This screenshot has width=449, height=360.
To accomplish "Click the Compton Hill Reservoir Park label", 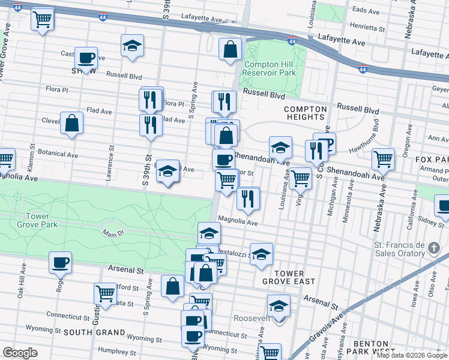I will (x=270, y=68).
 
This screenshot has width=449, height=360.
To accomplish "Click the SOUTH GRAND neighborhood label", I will (x=94, y=332).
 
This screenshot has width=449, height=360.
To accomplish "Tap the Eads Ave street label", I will (x=366, y=11).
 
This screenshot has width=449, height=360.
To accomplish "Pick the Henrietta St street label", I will (x=367, y=28).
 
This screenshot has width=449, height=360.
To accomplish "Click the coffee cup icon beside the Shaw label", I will (x=86, y=58).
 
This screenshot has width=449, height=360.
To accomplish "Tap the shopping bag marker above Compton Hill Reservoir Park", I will (x=230, y=50).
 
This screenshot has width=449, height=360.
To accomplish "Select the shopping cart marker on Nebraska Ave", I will (x=383, y=159).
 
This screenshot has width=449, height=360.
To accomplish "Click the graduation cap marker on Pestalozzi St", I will (x=261, y=254).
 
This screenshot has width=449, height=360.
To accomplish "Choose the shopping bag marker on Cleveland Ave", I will (x=71, y=124).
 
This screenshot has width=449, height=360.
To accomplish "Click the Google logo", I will (x=20, y=353).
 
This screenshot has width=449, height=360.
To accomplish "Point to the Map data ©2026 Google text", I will (x=412, y=355).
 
